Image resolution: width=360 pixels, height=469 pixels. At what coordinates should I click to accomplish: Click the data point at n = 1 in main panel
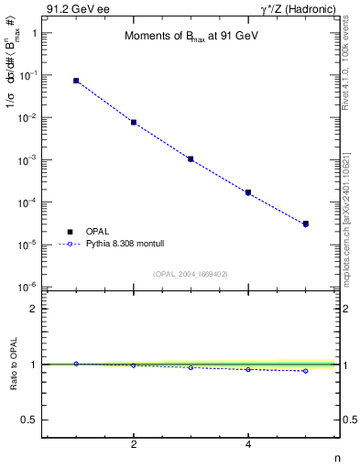tap(76, 81)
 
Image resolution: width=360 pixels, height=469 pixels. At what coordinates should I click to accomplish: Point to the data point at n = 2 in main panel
tap(134, 122)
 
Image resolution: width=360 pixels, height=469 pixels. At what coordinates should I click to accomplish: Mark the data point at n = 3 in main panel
tap(191, 158)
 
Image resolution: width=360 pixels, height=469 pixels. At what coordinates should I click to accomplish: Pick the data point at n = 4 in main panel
tap(248, 192)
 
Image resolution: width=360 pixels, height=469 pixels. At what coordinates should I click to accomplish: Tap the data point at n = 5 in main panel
tap(306, 224)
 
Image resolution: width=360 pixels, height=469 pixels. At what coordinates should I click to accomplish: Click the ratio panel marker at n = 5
tap(306, 371)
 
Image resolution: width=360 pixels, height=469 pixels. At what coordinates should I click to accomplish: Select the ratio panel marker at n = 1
tap(76, 364)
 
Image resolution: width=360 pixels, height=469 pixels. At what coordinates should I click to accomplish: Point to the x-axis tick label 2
tap(134, 445)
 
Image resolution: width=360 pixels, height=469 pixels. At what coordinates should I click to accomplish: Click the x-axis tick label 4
tap(248, 445)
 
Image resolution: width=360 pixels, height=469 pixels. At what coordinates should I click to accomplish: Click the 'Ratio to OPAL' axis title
tap(13, 366)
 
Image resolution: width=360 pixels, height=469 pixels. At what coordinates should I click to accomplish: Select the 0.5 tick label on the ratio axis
tap(29, 420)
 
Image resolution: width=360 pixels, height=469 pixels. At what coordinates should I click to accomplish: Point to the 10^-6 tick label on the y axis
tap(28, 288)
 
